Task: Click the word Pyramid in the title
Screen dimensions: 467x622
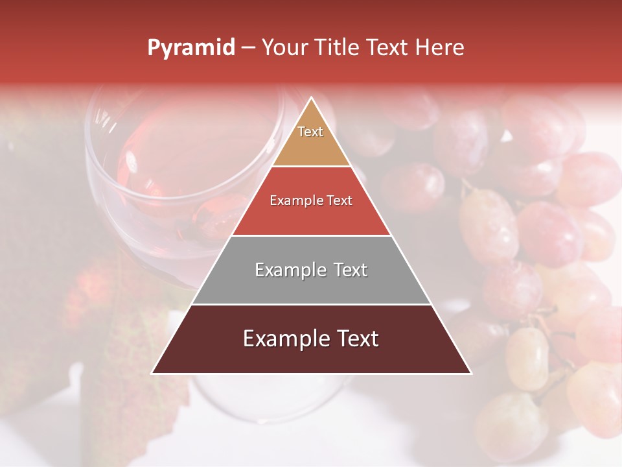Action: coord(191,48)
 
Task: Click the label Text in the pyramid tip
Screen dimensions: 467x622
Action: coord(310,132)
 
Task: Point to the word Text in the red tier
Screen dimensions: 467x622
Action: coord(340,200)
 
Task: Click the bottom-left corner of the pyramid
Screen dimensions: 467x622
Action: coord(153,373)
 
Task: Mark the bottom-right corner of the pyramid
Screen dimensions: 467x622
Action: coord(470,373)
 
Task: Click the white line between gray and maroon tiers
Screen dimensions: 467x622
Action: coord(311,304)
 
